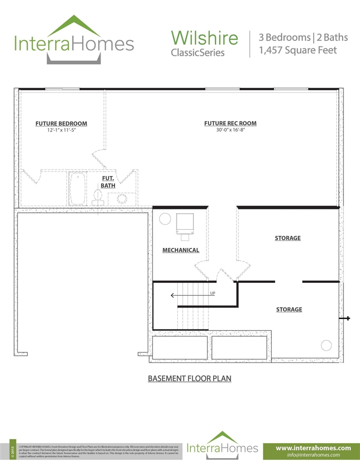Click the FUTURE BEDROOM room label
(61, 123)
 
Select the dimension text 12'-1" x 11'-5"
(61, 131)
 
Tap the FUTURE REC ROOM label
(230, 123)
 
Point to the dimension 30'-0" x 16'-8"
(230, 130)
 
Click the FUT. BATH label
(108, 182)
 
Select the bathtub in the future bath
(78, 189)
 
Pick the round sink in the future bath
(121, 198)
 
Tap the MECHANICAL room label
(181, 250)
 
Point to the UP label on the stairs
(212, 293)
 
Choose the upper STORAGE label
(288, 238)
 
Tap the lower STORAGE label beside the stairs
(289, 310)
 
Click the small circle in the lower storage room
(326, 345)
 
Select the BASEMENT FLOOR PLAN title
(189, 379)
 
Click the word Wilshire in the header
(205, 37)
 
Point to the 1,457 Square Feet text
(297, 50)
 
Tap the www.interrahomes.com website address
(313, 448)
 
